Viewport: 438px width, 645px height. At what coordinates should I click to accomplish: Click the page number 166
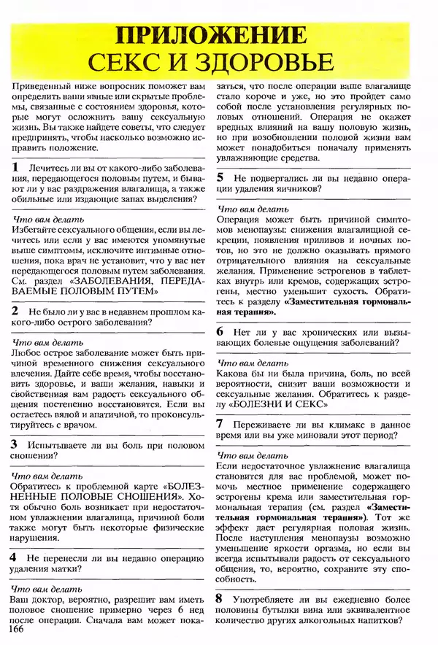point(12,630)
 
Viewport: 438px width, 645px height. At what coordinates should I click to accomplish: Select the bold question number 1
point(16,167)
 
